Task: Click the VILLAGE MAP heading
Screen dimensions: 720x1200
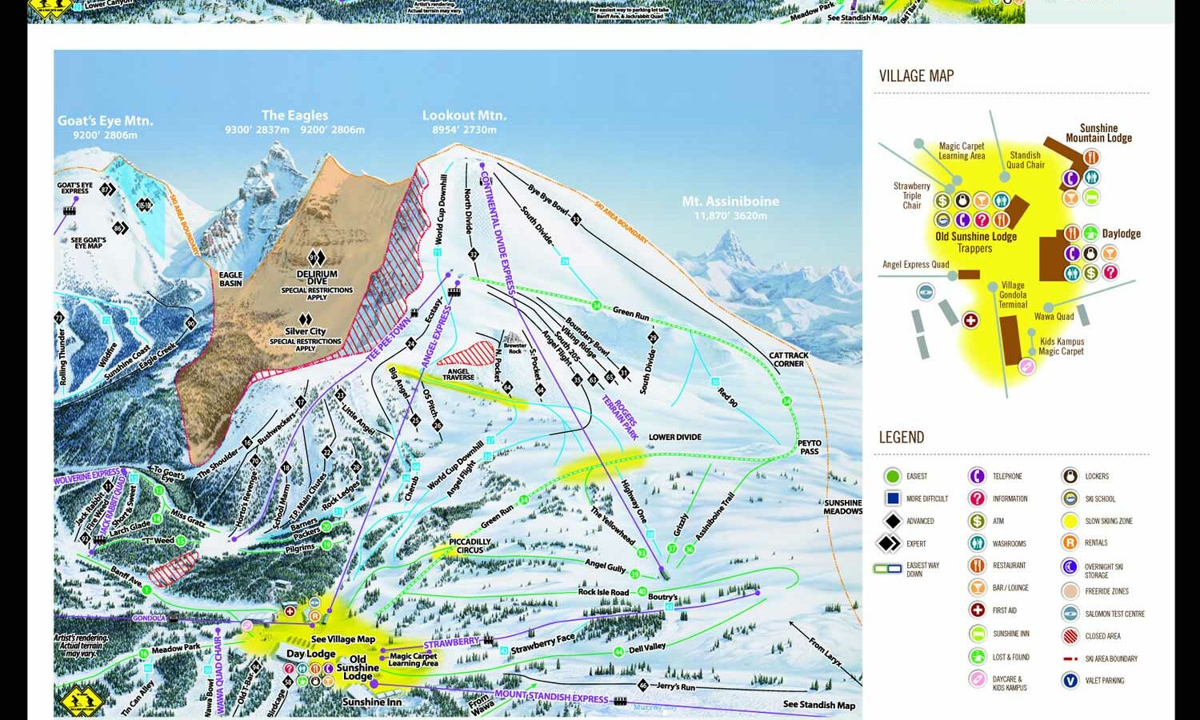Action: [916, 76]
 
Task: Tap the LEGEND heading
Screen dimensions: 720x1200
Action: [901, 437]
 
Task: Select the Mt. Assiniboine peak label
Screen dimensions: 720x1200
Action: [730, 202]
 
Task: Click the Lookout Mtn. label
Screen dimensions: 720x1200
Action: [464, 115]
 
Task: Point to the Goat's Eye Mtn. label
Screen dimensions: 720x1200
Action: [105, 121]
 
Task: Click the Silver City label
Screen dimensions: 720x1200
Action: [306, 331]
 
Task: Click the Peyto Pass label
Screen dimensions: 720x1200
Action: [810, 447]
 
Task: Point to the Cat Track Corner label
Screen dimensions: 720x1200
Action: [788, 359]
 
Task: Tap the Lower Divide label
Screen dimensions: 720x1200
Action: [674, 437]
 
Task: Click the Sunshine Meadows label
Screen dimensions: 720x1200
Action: [843, 507]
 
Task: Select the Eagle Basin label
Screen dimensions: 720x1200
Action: [230, 278]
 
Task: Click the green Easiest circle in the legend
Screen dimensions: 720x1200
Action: [891, 477]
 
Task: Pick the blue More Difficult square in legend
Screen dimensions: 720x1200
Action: [891, 498]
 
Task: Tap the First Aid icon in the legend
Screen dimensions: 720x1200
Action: [977, 610]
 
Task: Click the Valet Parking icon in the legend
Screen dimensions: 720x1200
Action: [1070, 681]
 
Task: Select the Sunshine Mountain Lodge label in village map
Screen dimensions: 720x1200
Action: [1098, 133]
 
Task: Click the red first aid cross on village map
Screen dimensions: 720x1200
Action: [970, 320]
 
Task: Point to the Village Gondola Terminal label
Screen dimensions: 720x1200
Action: [1012, 294]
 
